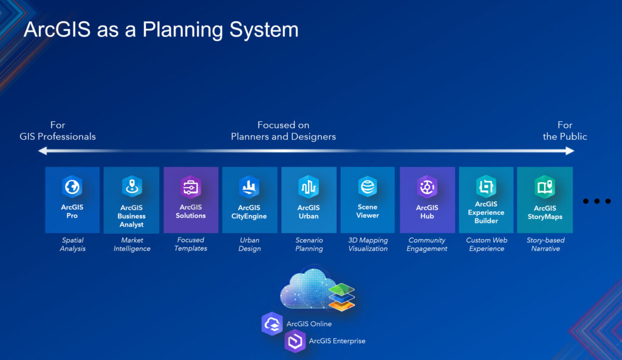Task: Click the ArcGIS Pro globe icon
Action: [x=72, y=186]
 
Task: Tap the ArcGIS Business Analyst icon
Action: [x=132, y=186]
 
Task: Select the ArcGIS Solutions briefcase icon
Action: [x=191, y=186]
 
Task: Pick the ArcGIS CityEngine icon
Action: [x=250, y=186]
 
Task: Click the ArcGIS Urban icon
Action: [x=309, y=186]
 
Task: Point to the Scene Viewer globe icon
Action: [x=367, y=186]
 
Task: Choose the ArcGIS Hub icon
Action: [x=427, y=186]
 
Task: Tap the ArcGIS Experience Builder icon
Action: [x=486, y=186]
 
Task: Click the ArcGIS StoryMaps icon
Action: [x=545, y=186]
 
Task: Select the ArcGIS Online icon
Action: [x=272, y=324]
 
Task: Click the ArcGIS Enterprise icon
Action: [x=295, y=341]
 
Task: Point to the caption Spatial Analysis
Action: [x=72, y=245]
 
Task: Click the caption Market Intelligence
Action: [x=132, y=245]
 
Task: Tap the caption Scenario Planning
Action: [x=309, y=245]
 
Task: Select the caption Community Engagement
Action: [x=427, y=245]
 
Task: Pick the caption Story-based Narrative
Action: [x=545, y=245]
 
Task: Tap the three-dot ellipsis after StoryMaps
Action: [x=596, y=201]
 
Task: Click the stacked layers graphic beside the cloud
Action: [x=341, y=295]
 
